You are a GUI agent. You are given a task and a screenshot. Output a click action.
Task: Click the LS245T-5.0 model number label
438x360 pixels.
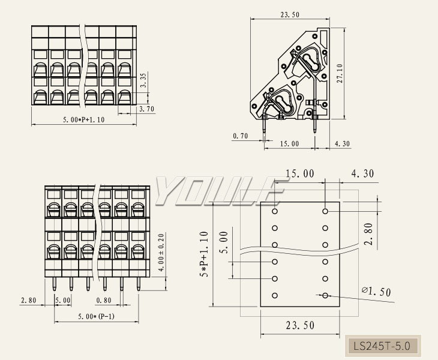coord(382,346)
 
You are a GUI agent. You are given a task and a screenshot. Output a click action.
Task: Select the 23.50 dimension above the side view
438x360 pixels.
coord(290,14)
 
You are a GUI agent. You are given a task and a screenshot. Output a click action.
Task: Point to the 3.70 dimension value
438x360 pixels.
coord(146,109)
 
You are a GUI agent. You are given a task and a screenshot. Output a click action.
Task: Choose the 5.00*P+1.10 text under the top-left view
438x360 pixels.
coord(84,119)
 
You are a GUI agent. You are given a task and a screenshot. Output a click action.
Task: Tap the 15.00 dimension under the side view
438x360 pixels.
coord(290,144)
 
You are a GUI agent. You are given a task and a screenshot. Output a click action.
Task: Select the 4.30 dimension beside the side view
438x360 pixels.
coord(343,144)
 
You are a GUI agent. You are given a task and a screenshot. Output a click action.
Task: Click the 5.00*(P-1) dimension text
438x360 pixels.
coord(96,316)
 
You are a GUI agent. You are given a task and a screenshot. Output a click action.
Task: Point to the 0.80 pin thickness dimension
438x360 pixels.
coord(103,300)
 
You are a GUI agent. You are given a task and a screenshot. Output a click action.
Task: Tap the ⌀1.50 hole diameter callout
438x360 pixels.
coord(376,292)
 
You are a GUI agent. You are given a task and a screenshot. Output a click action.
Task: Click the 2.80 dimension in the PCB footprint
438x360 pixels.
coord(368,234)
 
